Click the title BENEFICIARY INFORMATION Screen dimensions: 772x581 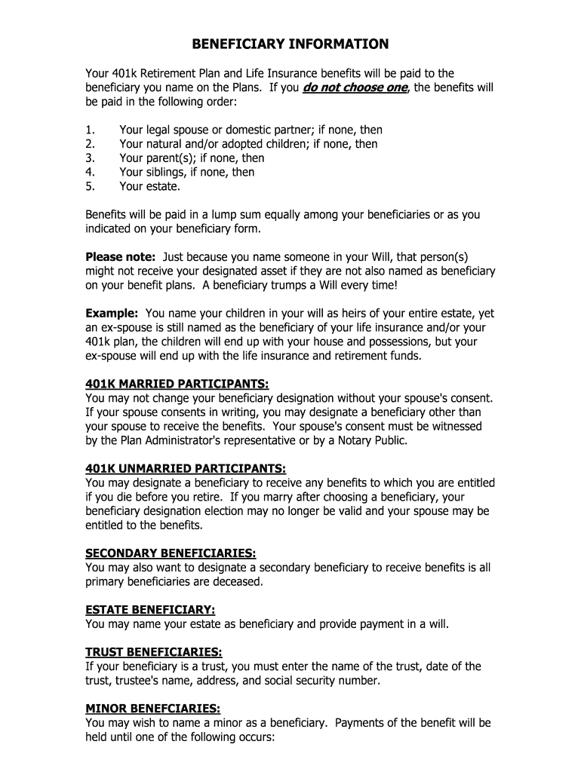290,44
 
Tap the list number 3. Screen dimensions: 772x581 90,158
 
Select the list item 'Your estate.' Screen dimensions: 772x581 149,186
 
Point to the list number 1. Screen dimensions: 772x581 90,130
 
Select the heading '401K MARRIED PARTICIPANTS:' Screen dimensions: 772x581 177,384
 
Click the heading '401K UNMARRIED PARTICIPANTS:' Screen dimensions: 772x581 186,469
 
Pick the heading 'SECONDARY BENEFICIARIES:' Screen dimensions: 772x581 171,553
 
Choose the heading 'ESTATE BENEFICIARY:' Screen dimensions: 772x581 151,610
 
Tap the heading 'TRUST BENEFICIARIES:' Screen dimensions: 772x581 154,652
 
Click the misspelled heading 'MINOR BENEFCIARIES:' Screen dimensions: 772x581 153,709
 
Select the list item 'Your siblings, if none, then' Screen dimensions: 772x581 187,172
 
